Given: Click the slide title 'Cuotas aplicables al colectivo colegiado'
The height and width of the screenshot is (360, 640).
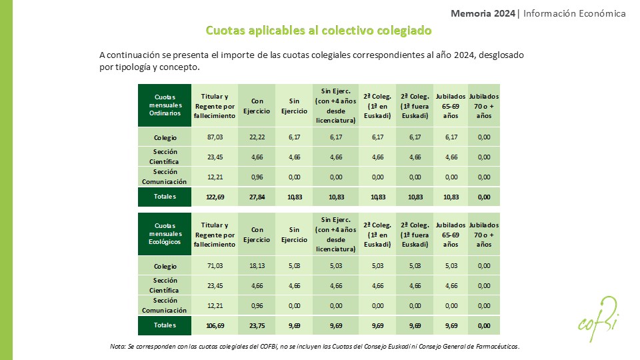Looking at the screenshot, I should click(x=319, y=31).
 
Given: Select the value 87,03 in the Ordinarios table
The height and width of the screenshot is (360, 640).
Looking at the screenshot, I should click(x=215, y=137).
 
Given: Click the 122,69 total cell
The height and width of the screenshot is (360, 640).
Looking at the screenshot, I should click(x=215, y=197).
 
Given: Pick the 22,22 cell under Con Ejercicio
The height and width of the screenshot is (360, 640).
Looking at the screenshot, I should click(x=257, y=137).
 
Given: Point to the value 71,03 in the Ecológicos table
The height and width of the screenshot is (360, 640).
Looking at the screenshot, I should click(x=215, y=266).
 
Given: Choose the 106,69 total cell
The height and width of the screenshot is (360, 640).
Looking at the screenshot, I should click(x=215, y=326).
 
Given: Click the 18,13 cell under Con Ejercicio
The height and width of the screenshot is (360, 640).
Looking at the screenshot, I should click(x=257, y=266).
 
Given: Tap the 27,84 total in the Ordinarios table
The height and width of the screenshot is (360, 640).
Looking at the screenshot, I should click(x=257, y=197).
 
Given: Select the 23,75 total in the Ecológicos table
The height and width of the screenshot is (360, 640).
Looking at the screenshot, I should click(x=257, y=326).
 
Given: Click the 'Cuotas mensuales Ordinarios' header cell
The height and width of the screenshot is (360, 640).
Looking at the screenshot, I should click(x=164, y=105).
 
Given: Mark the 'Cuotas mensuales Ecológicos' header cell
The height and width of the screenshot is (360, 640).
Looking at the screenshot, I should click(x=164, y=233).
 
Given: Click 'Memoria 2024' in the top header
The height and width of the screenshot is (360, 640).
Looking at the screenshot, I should click(x=483, y=13).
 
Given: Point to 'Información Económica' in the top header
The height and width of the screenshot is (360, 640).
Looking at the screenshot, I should click(x=575, y=13).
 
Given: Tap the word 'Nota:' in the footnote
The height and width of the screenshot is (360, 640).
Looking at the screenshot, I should click(x=118, y=347).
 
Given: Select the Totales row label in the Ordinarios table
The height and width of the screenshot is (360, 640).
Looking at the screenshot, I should click(x=164, y=197).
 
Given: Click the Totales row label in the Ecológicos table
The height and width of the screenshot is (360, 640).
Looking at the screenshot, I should click(x=164, y=325).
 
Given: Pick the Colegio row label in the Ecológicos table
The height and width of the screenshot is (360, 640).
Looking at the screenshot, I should click(x=164, y=266).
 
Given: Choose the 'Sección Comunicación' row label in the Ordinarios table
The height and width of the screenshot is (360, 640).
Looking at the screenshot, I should click(x=164, y=177).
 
